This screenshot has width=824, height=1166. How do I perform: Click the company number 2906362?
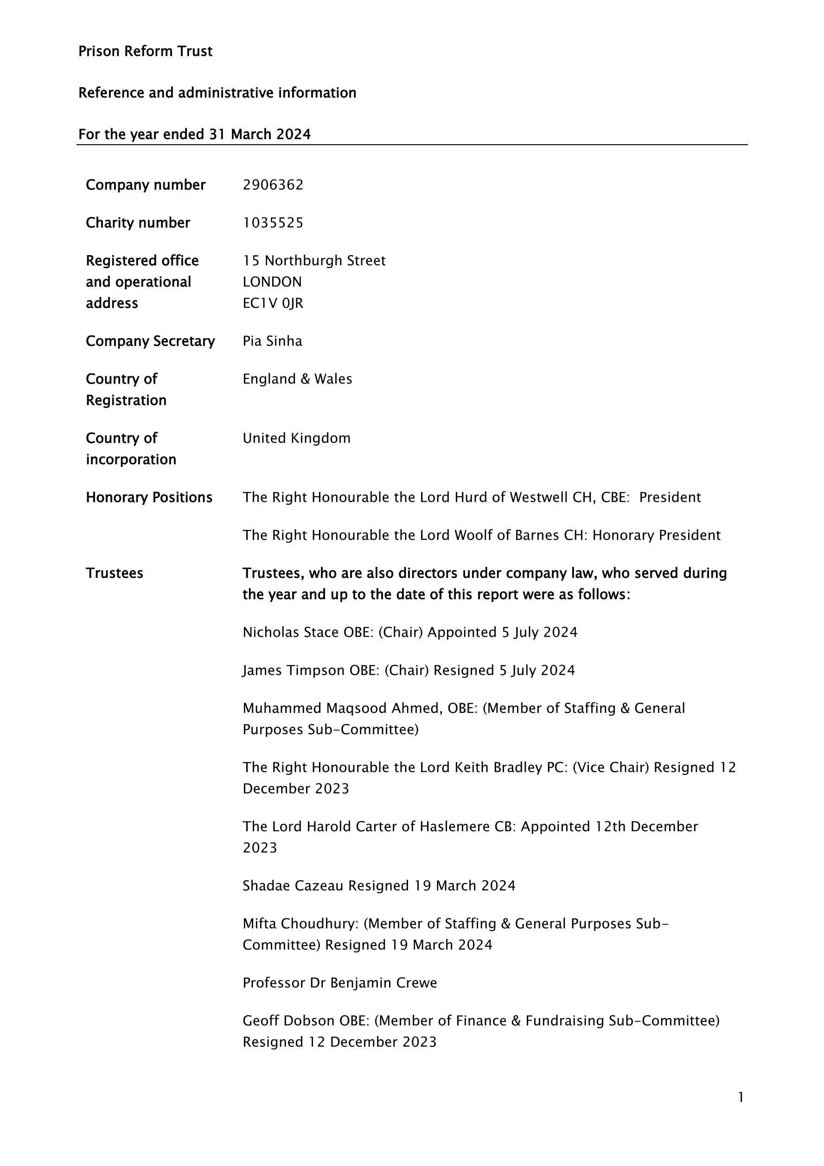tap(273, 185)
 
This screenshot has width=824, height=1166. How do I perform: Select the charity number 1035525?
tap(273, 223)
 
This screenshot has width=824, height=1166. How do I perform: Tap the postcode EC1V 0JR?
tap(273, 303)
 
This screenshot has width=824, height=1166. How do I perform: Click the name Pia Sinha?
tap(272, 341)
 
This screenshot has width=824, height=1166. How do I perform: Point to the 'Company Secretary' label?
tap(150, 341)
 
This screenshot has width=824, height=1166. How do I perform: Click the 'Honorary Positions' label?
tap(149, 498)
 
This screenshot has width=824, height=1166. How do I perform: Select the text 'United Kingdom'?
tap(296, 438)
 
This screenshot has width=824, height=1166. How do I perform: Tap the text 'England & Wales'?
tap(297, 379)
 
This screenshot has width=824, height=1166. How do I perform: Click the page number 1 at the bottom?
tap(741, 1097)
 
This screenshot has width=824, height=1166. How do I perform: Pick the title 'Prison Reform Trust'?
tap(145, 51)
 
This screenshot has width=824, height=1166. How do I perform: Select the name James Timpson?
tap(294, 671)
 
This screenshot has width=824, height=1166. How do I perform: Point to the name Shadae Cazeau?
tap(293, 886)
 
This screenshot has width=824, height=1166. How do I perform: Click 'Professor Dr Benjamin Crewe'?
tap(339, 983)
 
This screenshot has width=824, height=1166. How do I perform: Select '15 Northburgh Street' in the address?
tap(314, 261)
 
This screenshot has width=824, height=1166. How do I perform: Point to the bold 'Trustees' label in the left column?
tap(114, 573)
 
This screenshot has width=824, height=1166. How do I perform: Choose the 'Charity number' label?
tap(138, 223)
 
